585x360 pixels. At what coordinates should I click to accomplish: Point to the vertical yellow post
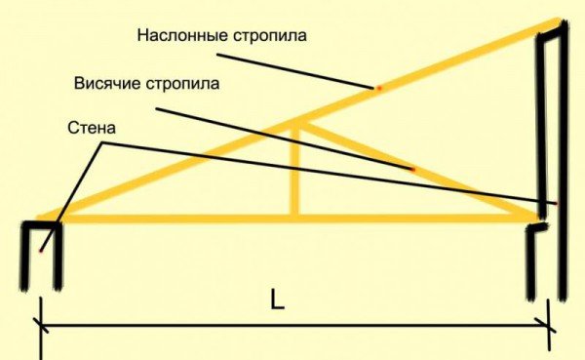tap(296, 171)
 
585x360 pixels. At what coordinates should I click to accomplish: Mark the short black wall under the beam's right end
tap(532, 263)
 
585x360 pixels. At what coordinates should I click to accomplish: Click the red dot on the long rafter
tap(378, 89)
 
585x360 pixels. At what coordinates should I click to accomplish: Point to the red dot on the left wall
tap(40, 251)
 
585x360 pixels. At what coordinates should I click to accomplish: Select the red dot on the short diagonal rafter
tap(413, 170)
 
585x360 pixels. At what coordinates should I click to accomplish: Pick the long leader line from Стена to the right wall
tap(322, 172)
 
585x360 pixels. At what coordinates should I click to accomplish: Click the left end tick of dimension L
tap(39, 327)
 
